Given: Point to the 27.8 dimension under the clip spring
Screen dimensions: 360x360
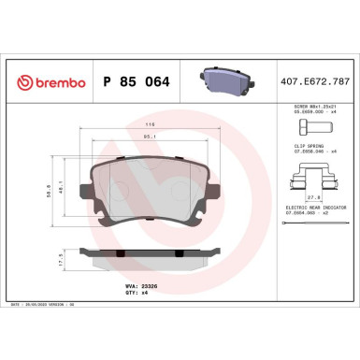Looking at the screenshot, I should tap(313, 198).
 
